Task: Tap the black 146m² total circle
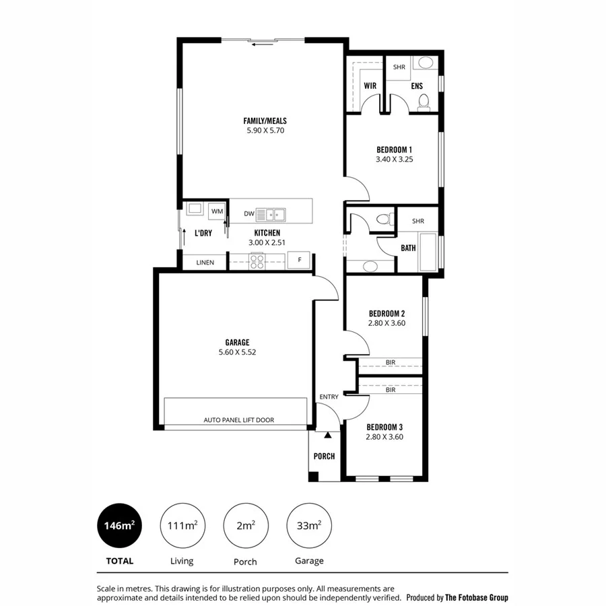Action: pos(119,526)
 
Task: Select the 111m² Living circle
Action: pos(182,526)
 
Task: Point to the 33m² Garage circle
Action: pos(309,526)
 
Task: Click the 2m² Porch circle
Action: pos(245,526)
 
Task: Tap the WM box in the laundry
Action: pos(217,211)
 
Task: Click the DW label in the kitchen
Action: pos(249,214)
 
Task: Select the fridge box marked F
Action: pos(299,261)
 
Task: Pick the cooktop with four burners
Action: pos(257,261)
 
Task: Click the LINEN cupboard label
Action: pos(205,263)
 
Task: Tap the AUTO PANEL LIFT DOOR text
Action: pos(238,420)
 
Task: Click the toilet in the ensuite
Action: pos(424,101)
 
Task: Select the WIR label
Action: pos(370,86)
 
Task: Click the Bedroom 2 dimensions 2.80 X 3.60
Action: pos(386,324)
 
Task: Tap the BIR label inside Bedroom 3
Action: pos(391,390)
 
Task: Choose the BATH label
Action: pos(408,248)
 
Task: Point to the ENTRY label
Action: pos(329,397)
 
